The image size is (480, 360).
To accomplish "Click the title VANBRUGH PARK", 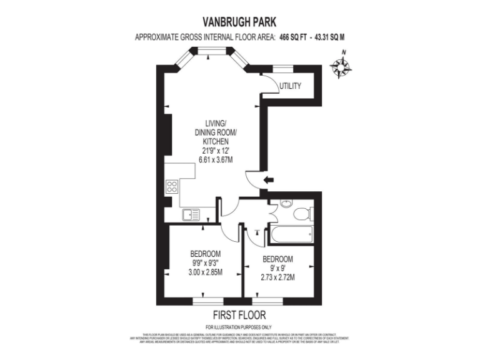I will point(240,21).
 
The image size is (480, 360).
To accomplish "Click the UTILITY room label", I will point(291,86).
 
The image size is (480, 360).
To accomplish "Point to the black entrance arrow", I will point(268,181).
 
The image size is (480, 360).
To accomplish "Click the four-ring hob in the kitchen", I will point(172,186).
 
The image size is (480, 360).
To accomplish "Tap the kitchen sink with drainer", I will point(191,215).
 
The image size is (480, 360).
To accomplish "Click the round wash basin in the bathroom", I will point(286,204).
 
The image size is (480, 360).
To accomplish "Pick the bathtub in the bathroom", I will point(290,234).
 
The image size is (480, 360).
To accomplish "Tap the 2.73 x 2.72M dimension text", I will point(277,277).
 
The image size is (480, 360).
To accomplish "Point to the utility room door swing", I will point(269,84).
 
